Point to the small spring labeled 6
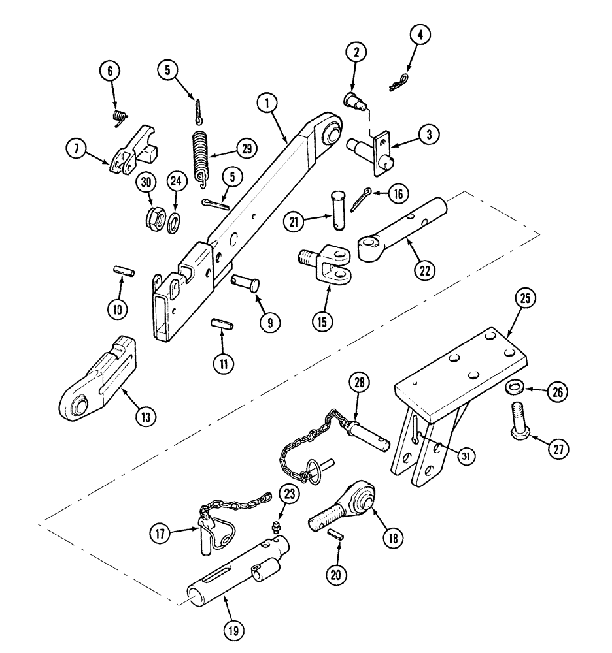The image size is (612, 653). coord(118,118)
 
